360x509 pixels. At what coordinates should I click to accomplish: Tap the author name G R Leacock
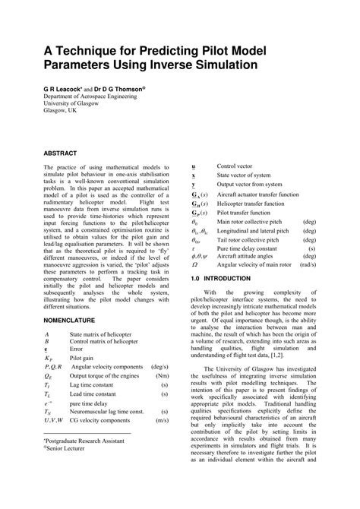tap(66, 88)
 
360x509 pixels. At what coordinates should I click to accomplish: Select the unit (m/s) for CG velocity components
tap(162, 440)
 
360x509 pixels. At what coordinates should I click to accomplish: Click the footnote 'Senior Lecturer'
tap(69, 470)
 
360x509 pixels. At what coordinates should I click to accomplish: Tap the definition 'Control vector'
tap(235, 166)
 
